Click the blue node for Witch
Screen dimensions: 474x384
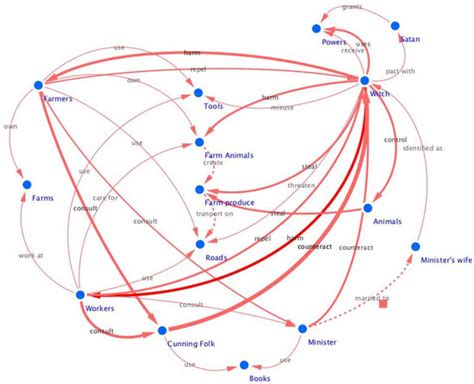[x=365, y=80]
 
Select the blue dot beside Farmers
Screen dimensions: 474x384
[x=38, y=85]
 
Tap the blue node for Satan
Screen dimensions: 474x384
[x=396, y=25]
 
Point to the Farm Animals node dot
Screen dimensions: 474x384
[x=199, y=143]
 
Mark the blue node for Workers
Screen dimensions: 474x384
[x=79, y=266]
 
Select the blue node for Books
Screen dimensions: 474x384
[x=240, y=366]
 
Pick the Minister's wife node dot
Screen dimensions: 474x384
[x=415, y=246]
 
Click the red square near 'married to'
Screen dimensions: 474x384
[x=382, y=304]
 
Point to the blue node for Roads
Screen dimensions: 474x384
[x=199, y=244]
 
